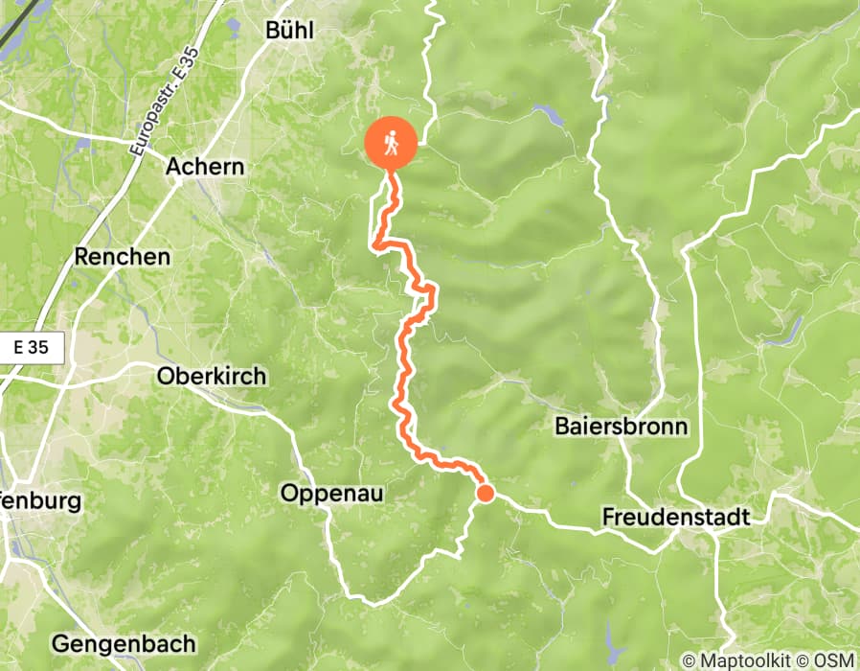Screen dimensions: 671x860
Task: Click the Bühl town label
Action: tap(289, 30)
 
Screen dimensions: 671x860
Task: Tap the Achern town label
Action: tap(205, 167)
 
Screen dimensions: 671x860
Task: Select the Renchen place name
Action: tap(123, 257)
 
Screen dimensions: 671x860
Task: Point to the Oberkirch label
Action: tap(211, 376)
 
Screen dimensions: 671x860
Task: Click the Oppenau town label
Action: tap(332, 494)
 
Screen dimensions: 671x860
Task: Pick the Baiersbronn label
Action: tap(622, 427)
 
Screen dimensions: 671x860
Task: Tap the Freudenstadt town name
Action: tap(675, 517)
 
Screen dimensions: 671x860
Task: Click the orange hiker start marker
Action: tap(391, 146)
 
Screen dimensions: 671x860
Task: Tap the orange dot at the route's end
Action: tap(486, 494)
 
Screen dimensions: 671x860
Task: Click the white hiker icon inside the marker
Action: tap(391, 143)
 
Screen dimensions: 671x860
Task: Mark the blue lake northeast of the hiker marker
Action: tap(551, 116)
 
